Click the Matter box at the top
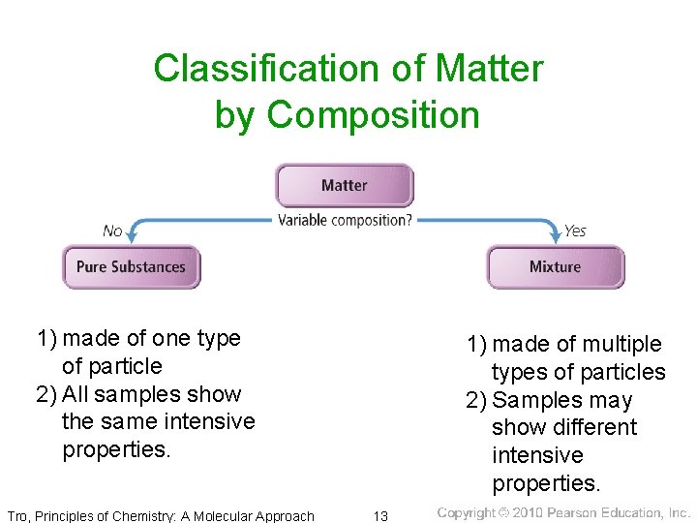(344, 185)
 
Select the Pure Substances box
(131, 266)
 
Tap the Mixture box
(555, 266)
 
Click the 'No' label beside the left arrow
(112, 231)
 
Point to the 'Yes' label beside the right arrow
(575, 231)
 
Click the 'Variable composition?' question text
(345, 220)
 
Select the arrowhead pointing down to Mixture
(556, 235)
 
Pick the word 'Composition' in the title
(373, 114)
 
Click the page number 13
(381, 515)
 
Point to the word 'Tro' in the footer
(17, 515)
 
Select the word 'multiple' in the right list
(626, 345)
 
